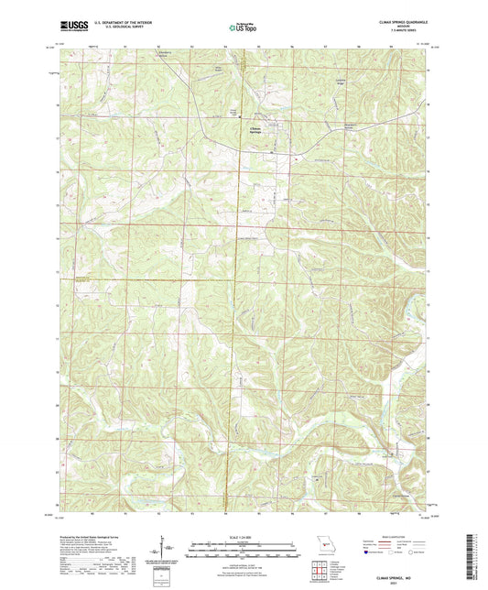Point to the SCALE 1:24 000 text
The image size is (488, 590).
point(243,536)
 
